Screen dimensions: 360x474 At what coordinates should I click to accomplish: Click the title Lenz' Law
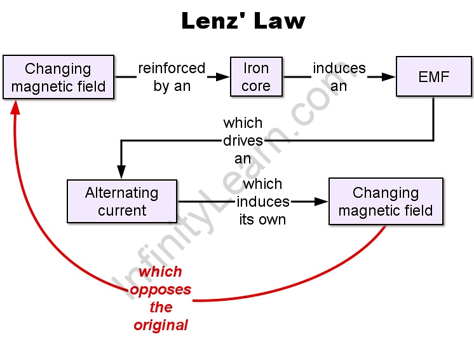tap(243, 21)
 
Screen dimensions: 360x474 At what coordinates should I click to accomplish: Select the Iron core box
tap(256, 77)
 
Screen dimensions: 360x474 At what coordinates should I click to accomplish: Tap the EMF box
tap(434, 78)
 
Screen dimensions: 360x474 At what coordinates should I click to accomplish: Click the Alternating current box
tap(122, 201)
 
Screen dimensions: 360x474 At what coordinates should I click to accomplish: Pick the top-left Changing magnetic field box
tap(58, 77)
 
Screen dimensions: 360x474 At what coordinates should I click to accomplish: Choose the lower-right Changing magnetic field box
tap(386, 201)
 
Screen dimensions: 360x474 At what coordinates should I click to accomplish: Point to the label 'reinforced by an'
tap(172, 77)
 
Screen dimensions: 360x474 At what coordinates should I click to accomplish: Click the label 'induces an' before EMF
tap(339, 77)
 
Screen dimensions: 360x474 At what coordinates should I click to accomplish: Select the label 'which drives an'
tap(243, 140)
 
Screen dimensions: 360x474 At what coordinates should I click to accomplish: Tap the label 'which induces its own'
tap(263, 202)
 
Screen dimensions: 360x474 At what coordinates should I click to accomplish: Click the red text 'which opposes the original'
tap(161, 298)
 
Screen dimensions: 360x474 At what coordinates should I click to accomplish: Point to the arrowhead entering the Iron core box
tap(222, 77)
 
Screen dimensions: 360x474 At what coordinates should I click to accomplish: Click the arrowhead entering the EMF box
tap(389, 77)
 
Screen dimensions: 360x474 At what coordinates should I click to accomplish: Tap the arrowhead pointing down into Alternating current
tap(121, 172)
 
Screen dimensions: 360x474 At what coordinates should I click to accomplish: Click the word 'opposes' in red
tap(161, 290)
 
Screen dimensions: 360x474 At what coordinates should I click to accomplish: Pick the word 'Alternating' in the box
tap(122, 193)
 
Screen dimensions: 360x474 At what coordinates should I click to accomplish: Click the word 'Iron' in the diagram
tap(256, 68)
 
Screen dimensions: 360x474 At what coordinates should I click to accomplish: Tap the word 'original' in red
tap(161, 325)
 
